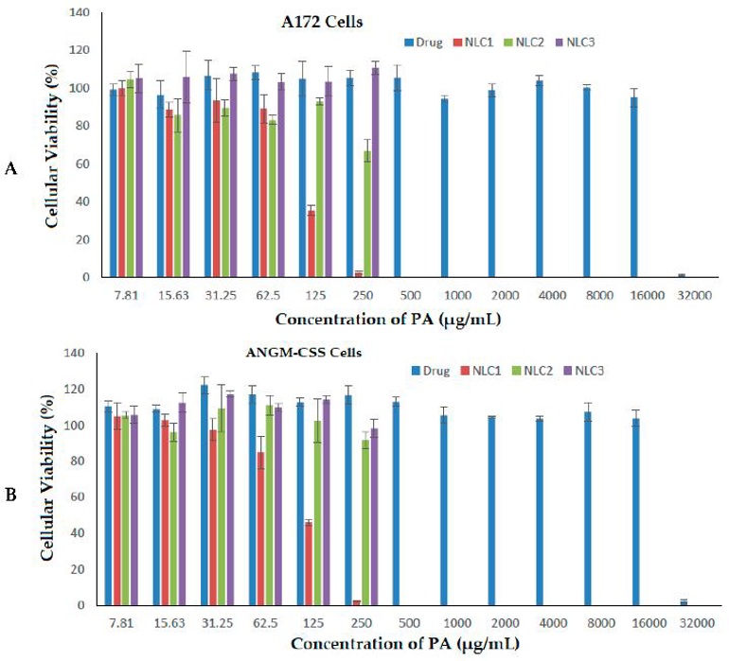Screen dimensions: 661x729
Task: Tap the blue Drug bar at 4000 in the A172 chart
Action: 540,179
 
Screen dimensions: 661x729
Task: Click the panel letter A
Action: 11,168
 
